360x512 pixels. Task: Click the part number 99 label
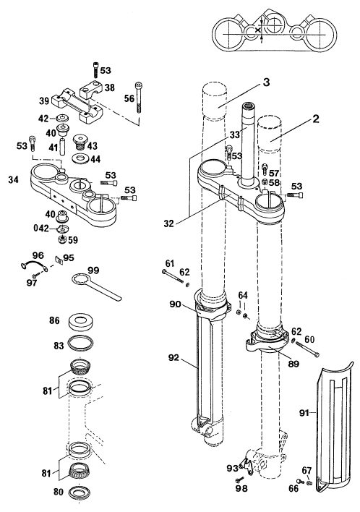93,270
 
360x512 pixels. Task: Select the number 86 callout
54,320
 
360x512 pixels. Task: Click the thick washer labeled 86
80,320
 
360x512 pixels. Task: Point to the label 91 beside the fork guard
304,413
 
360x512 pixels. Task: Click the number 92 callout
174,358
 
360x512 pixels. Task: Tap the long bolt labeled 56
139,98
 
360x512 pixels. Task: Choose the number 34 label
14,179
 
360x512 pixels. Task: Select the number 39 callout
44,101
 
